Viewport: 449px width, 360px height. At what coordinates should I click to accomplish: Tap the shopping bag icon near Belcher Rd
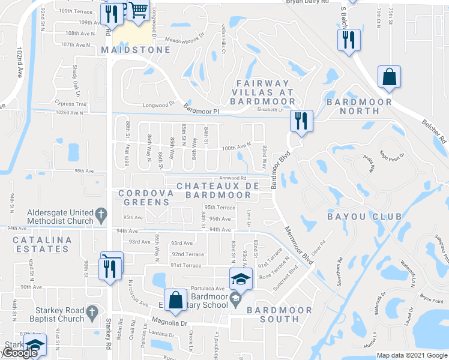(389, 77)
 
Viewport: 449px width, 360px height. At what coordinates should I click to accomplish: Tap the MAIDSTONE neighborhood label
(136, 50)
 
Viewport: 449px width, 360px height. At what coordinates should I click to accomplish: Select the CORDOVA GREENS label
(146, 199)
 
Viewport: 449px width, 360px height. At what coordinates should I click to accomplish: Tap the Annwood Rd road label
(233, 178)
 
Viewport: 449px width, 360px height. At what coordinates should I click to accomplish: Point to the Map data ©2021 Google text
(411, 355)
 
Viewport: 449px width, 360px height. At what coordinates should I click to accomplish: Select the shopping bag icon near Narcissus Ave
(175, 302)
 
